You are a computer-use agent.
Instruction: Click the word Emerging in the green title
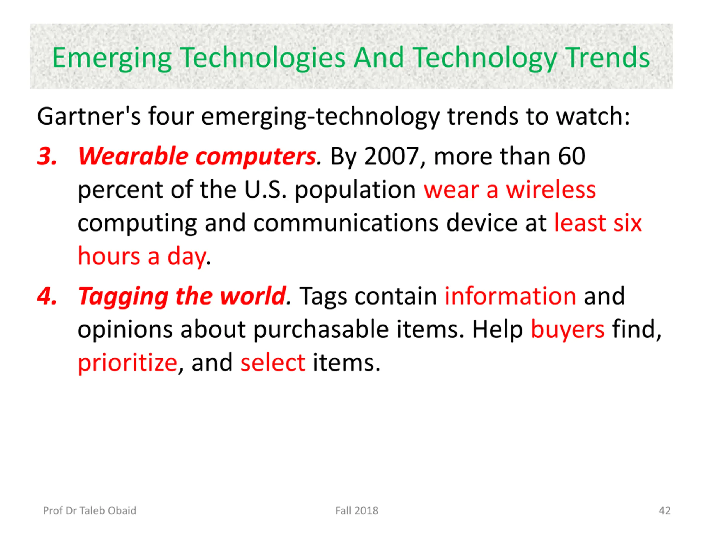coord(112,58)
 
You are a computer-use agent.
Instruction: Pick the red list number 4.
coord(47,296)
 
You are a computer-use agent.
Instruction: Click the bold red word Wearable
coord(133,156)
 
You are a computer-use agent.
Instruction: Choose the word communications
coord(346,223)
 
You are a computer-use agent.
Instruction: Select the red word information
coord(510,296)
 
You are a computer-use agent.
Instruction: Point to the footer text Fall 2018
coord(357,510)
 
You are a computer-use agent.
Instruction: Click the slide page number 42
coord(665,510)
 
